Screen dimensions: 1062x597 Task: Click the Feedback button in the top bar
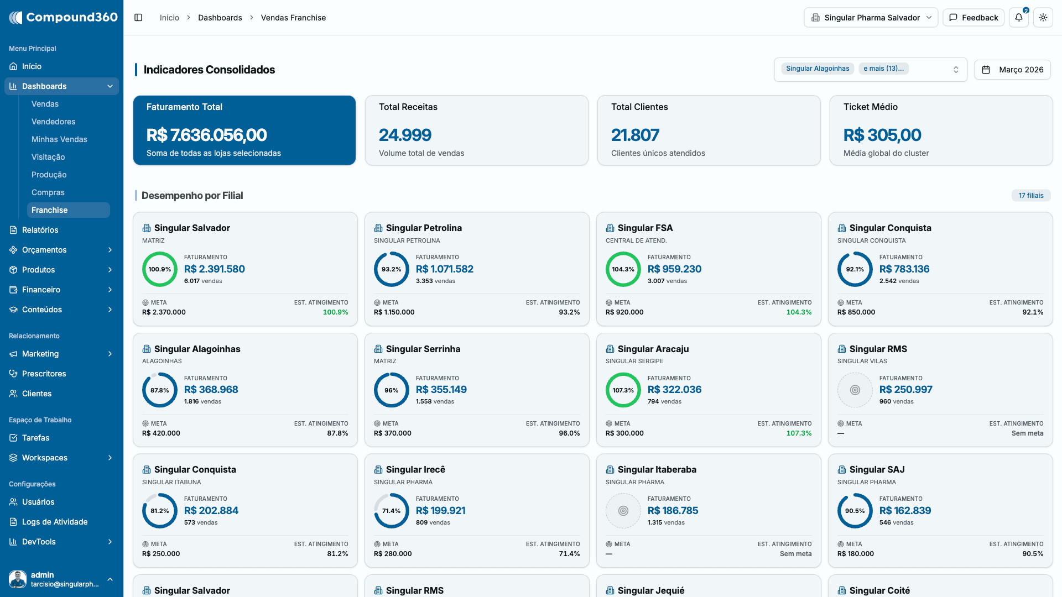click(x=973, y=18)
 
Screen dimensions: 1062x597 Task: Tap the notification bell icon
click(x=1019, y=18)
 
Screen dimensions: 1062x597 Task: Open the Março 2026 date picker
click(x=1012, y=70)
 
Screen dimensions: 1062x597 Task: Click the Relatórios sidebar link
click(x=40, y=230)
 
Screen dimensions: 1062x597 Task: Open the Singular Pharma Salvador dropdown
click(x=871, y=18)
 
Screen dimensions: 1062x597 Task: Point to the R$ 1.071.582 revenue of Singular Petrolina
click(x=445, y=269)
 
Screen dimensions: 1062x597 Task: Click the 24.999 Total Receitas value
click(x=405, y=135)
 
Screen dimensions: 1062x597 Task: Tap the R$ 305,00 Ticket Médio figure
click(x=882, y=135)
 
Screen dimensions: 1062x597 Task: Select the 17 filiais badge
click(x=1031, y=196)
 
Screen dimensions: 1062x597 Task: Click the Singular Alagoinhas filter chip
click(x=818, y=69)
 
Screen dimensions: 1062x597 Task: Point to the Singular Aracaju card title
click(x=653, y=349)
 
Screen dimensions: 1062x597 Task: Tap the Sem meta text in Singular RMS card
click(x=1027, y=433)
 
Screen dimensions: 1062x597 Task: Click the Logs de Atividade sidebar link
click(x=55, y=522)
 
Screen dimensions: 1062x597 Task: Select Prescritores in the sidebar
click(x=44, y=374)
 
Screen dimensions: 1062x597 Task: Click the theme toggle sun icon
click(x=1043, y=18)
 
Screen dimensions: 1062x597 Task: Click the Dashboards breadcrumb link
click(x=220, y=18)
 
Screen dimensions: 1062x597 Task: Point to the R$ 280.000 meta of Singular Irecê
click(x=393, y=554)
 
